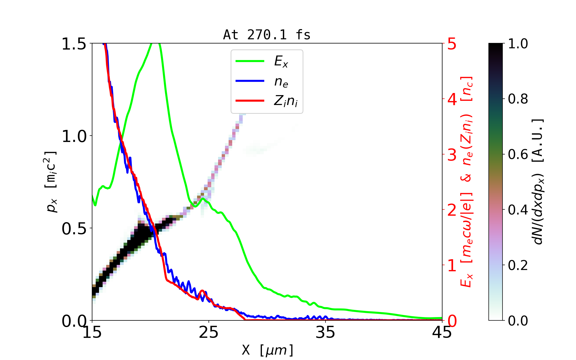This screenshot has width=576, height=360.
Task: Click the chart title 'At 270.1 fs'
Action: [267, 35]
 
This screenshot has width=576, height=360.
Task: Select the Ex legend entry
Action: [281, 61]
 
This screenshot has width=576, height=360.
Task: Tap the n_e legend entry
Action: [281, 82]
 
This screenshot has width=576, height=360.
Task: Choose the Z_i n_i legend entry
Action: [285, 101]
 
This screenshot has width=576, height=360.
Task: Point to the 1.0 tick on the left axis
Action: [74, 136]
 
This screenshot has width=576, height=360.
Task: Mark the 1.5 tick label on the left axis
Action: [74, 44]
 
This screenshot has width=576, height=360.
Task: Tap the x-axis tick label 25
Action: [209, 332]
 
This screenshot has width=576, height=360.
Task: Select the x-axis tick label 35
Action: [325, 332]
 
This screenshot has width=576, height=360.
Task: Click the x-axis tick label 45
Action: [442, 332]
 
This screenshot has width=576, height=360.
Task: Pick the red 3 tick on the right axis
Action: [452, 155]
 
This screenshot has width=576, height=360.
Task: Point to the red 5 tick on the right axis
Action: [452, 44]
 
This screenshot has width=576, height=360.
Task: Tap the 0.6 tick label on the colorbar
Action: [518, 154]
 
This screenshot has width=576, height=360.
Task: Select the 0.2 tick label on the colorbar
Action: [518, 265]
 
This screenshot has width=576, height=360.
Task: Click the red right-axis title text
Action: [466, 182]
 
